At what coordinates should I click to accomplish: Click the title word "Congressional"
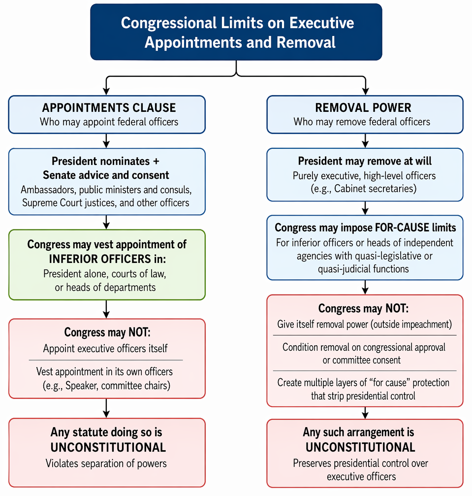169,23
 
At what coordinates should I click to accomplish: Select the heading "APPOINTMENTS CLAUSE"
109,108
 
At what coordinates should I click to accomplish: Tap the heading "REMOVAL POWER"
363,108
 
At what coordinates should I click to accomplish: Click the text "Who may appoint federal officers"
109,122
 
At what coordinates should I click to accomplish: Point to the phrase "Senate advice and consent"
106,175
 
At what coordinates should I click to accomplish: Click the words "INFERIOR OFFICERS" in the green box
99,259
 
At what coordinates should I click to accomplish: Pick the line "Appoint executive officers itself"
105,349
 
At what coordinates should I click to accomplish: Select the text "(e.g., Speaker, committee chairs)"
106,386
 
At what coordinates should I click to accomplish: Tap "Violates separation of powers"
106,463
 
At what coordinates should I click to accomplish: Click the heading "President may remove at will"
365,161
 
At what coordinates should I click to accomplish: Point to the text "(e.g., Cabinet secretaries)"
364,189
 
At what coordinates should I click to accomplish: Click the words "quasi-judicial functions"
363,269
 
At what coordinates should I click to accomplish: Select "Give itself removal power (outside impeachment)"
365,324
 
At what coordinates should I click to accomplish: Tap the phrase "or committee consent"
362,360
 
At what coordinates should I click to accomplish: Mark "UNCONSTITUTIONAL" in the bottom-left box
108,448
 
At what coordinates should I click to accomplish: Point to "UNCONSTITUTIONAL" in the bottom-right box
360,447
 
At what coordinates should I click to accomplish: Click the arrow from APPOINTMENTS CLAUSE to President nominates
106,141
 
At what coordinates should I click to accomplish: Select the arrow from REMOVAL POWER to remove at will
366,141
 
